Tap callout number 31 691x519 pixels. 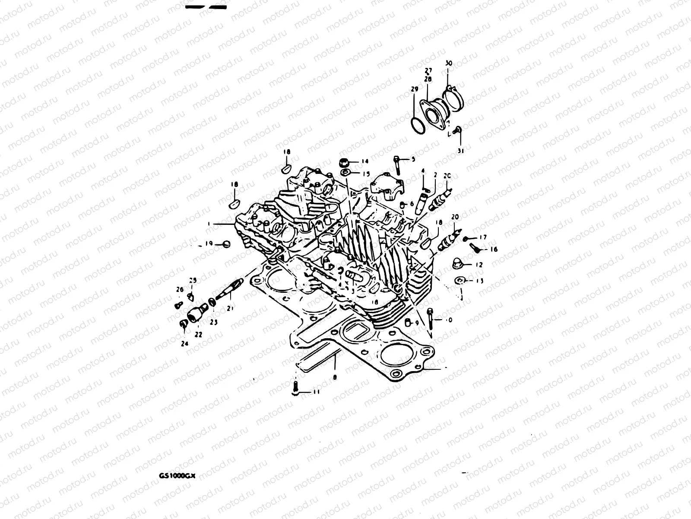(x=460, y=151)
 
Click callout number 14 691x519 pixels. (x=365, y=161)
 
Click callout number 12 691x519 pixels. (x=479, y=265)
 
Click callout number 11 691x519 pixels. (x=317, y=392)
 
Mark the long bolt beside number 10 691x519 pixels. (x=431, y=319)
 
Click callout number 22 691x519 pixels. (x=199, y=334)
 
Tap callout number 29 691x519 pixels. (x=415, y=90)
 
